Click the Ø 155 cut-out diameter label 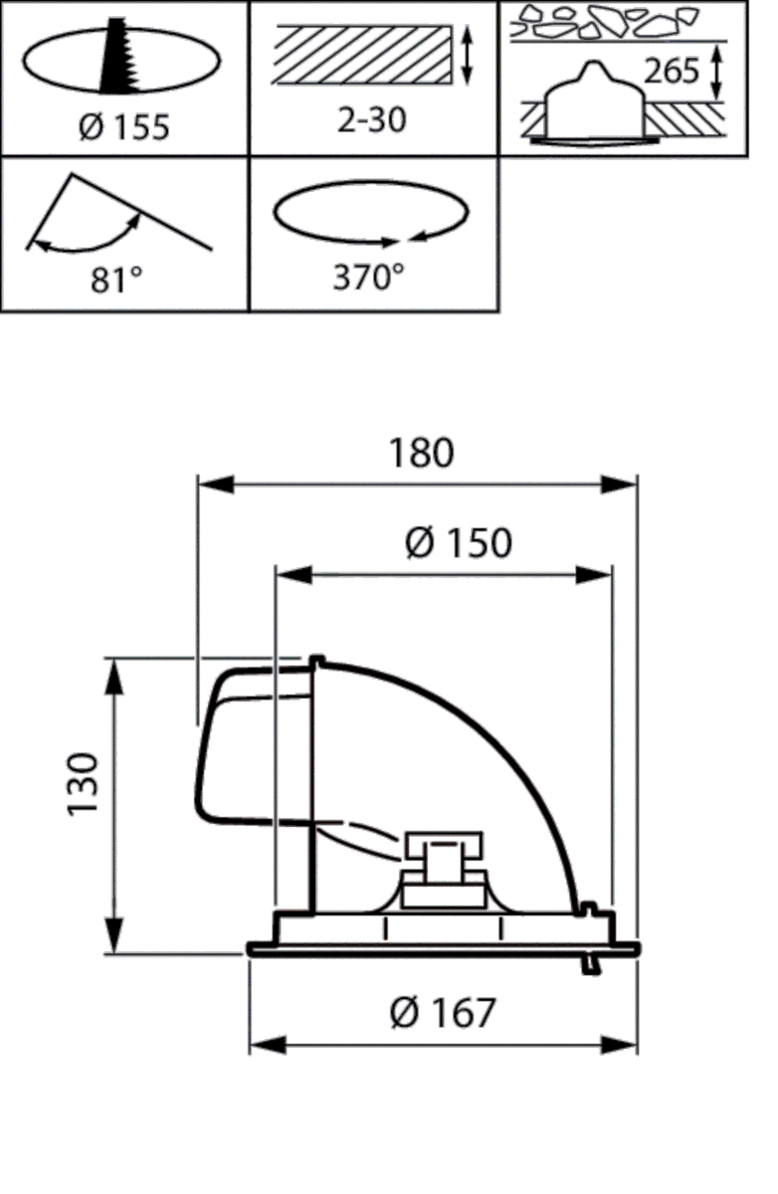(x=123, y=127)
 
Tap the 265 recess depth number (x=672, y=72)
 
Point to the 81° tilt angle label (x=116, y=281)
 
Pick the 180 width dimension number (x=421, y=453)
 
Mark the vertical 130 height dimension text (x=85, y=785)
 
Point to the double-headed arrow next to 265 (x=717, y=72)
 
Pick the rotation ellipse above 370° (x=370, y=215)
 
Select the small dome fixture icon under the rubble (x=592, y=104)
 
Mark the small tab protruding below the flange (x=591, y=963)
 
